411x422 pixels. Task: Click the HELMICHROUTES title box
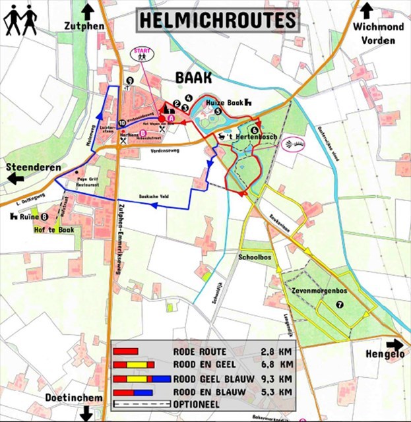click(217, 19)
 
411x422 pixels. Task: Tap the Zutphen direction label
click(85, 26)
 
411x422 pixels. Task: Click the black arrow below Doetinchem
click(85, 413)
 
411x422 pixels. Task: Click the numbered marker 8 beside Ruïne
click(44, 216)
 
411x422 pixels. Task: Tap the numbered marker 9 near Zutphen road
click(129, 80)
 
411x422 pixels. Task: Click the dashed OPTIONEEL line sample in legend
click(140, 404)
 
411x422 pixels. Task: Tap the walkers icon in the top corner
click(19, 20)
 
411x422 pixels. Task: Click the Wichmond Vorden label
click(373, 33)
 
